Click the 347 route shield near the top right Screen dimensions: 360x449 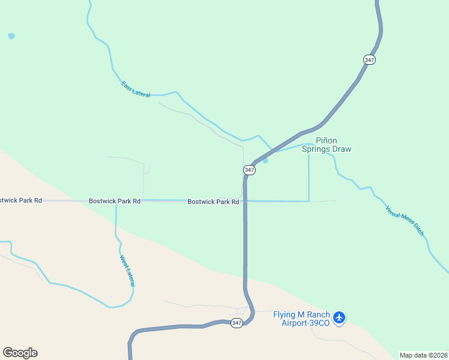[x=369, y=60]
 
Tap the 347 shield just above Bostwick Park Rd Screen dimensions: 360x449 [x=250, y=170]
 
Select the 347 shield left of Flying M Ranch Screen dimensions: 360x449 [x=237, y=323]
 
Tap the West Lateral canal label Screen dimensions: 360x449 [x=127, y=271]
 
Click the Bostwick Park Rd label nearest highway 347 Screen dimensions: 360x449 [x=213, y=202]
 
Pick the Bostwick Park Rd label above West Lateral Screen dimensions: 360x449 [x=115, y=201]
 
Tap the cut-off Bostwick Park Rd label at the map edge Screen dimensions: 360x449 [x=21, y=200]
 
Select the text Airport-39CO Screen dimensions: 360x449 [x=306, y=323]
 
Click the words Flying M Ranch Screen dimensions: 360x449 [x=301, y=315]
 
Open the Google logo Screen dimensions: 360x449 [x=20, y=353]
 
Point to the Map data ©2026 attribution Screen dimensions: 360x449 [x=423, y=355]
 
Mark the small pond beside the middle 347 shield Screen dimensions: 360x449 [x=265, y=160]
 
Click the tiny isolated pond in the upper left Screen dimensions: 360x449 [x=11, y=36]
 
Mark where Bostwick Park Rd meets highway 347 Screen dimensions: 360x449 [x=245, y=201]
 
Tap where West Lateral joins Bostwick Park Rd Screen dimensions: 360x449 [x=116, y=202]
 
